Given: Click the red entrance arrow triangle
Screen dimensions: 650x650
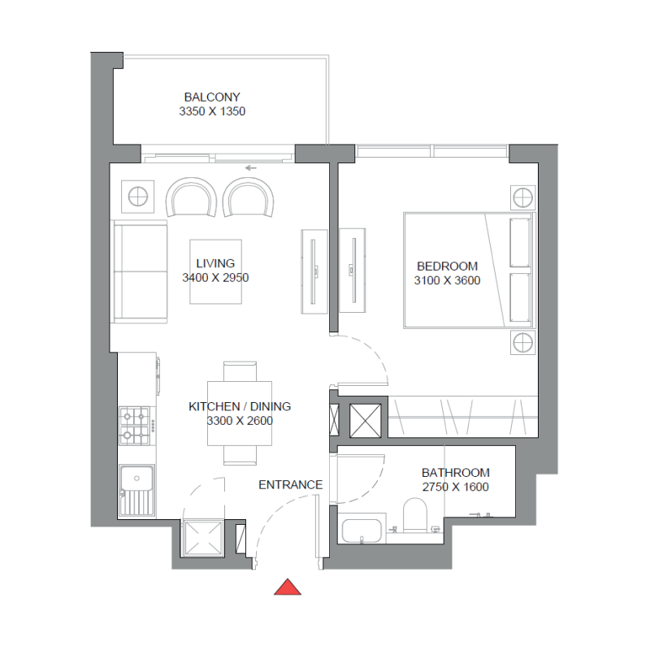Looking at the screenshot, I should click(x=288, y=587).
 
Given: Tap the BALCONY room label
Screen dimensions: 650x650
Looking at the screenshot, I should click(x=212, y=97).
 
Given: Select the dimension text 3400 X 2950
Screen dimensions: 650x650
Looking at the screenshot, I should click(x=215, y=278).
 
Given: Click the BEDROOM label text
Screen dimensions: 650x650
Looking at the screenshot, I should click(x=447, y=266).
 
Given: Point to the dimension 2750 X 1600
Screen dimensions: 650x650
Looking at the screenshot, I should click(x=455, y=487).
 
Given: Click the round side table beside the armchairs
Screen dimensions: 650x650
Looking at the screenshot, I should click(x=136, y=196).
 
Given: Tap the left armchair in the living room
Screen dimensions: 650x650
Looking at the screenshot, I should click(x=192, y=198).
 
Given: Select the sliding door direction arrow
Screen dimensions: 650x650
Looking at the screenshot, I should click(x=250, y=169).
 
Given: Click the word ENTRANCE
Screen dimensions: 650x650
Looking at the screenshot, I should click(x=290, y=485).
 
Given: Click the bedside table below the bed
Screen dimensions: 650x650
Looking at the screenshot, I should click(x=522, y=343).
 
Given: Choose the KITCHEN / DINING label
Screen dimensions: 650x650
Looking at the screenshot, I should click(x=240, y=406).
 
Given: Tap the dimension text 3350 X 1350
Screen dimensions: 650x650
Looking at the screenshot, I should click(x=212, y=111).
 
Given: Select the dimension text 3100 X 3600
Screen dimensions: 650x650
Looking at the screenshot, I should click(x=447, y=281).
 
